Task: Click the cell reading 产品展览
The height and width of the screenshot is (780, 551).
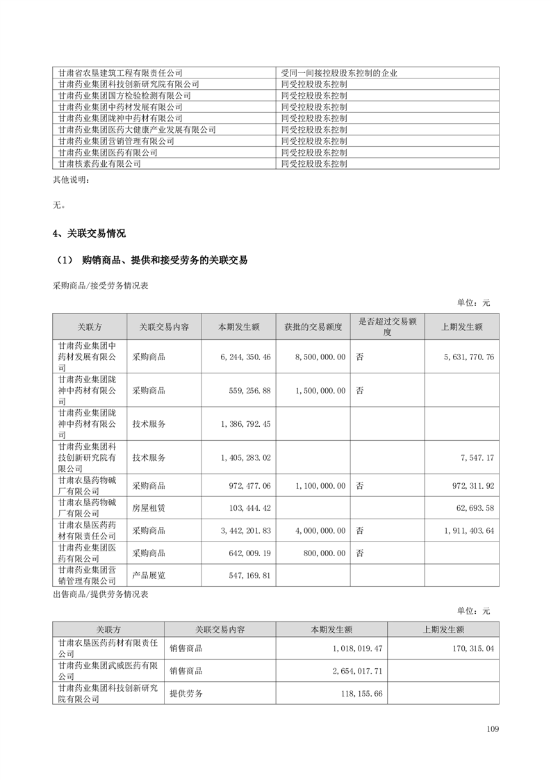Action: click(x=149, y=576)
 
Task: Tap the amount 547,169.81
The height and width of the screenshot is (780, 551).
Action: click(x=247, y=576)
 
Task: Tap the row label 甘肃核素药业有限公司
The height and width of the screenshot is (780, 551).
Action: click(x=99, y=164)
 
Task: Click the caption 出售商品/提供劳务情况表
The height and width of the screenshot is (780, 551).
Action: click(x=100, y=594)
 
